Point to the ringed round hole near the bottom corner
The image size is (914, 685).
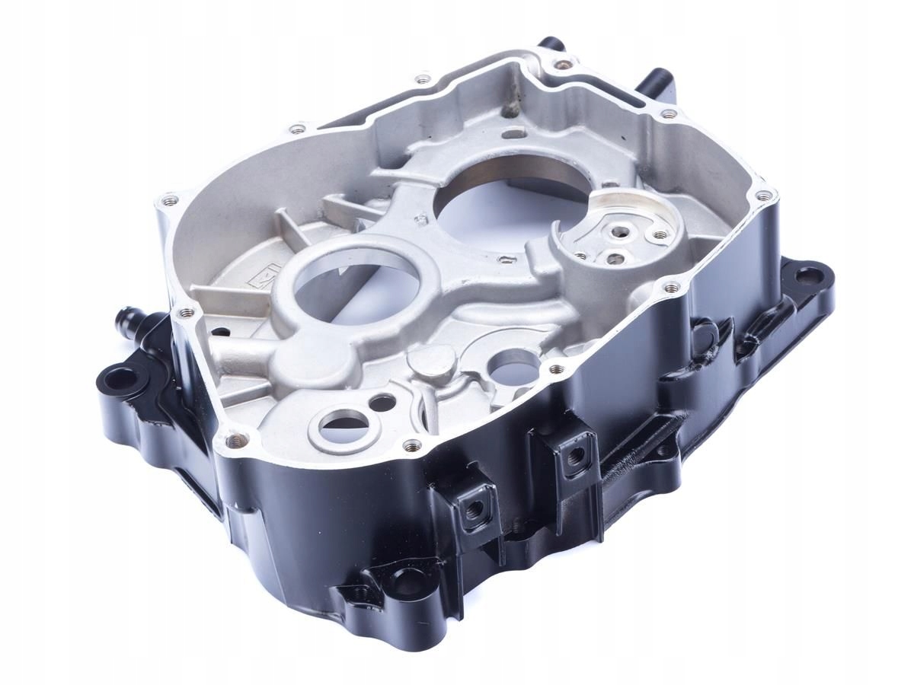pyautogui.click(x=341, y=423)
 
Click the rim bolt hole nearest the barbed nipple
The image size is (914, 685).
pyautogui.click(x=183, y=312)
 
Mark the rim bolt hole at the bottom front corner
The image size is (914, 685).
pyautogui.click(x=232, y=439)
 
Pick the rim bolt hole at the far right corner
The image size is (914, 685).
pyautogui.click(x=762, y=196)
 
